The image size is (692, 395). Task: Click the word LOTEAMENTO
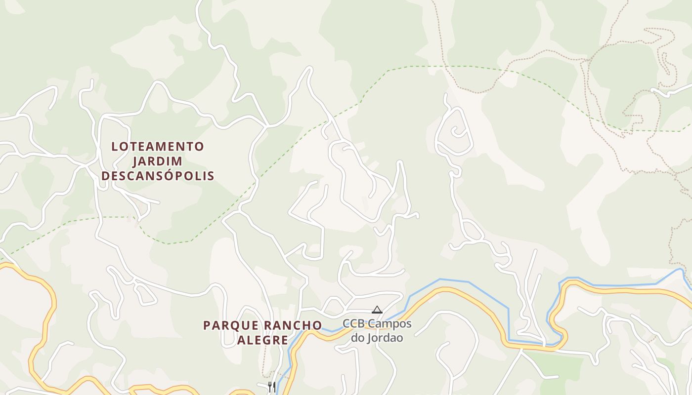tap(158, 147)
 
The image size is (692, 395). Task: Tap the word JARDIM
tap(158, 161)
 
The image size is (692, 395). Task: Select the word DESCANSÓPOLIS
tap(158, 176)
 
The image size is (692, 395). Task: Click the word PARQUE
tap(231, 326)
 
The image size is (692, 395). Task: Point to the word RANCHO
tap(293, 326)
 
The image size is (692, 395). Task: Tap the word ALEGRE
tap(262, 340)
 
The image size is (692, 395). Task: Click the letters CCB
tap(354, 324)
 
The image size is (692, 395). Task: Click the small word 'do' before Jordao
tap(358, 338)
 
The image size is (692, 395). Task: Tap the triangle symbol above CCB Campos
tap(377, 310)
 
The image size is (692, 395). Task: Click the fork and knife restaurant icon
tap(271, 387)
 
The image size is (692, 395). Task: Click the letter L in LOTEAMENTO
tap(115, 147)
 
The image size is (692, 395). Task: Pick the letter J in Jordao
tap(368, 338)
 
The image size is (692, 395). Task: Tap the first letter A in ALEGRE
tap(241, 340)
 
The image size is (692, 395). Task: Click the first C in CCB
tap(347, 324)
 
